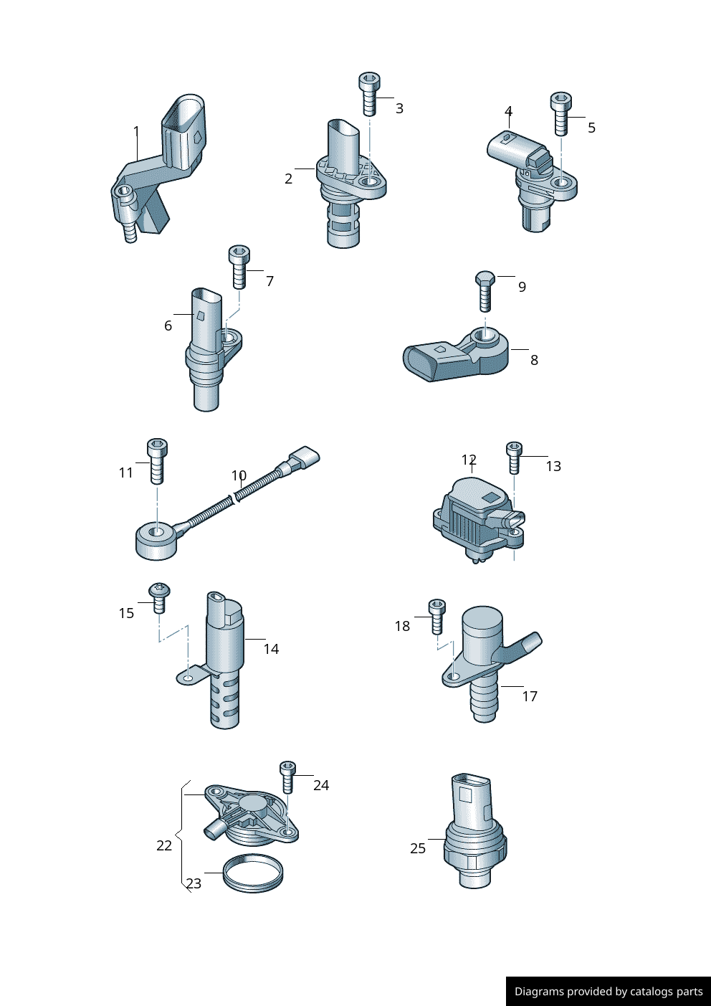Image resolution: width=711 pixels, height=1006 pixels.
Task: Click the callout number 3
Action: (x=399, y=108)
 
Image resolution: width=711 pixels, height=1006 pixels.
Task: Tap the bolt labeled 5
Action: (x=561, y=113)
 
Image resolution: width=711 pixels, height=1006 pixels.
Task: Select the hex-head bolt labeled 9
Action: (x=485, y=291)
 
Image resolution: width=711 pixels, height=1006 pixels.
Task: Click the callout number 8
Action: (x=534, y=360)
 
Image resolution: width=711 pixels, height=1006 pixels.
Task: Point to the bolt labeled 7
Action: (x=239, y=267)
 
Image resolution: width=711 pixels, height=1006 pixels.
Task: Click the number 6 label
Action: (x=168, y=326)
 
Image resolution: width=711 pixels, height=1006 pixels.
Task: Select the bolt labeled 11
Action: (x=158, y=461)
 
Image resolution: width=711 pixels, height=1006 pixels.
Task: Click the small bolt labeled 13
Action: (x=515, y=457)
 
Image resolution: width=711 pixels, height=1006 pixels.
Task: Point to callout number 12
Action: (x=469, y=460)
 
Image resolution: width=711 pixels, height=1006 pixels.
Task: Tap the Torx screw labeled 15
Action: (x=159, y=598)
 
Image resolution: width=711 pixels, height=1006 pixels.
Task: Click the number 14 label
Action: (x=271, y=649)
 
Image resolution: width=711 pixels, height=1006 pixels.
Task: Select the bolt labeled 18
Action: (x=437, y=617)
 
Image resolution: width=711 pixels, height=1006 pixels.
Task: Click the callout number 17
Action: (x=530, y=696)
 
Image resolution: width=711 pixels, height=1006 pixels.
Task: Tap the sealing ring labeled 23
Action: (x=253, y=873)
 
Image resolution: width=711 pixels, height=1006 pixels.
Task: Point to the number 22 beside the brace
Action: (x=164, y=845)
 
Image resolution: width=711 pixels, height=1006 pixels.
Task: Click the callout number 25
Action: (x=418, y=848)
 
